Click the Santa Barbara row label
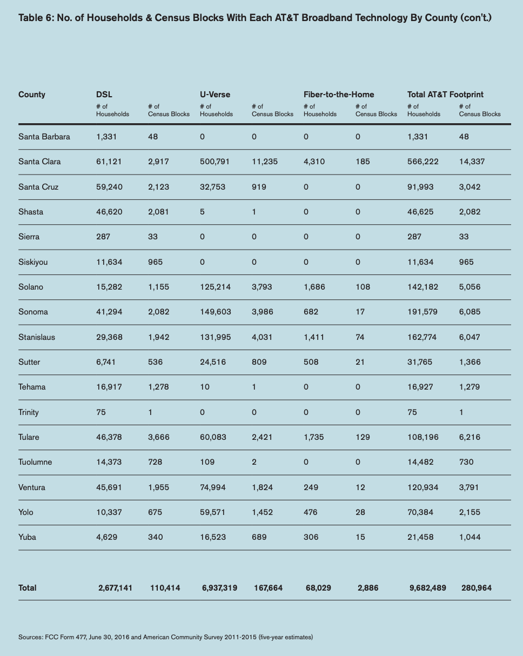(44, 137)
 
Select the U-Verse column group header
(215, 95)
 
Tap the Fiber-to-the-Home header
(339, 95)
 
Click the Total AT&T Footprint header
(445, 95)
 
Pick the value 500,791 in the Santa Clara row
(214, 162)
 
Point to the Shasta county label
(30, 212)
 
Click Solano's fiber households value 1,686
(314, 287)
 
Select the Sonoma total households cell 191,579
(423, 312)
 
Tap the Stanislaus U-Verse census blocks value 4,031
(262, 337)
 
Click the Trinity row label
(28, 412)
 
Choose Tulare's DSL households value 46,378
(109, 437)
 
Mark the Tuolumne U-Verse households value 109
(207, 462)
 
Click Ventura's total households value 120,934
(423, 487)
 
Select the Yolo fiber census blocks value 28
(360, 512)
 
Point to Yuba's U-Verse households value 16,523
(213, 537)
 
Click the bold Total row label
(27, 588)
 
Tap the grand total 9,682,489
(427, 588)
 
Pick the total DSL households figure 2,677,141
(115, 588)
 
